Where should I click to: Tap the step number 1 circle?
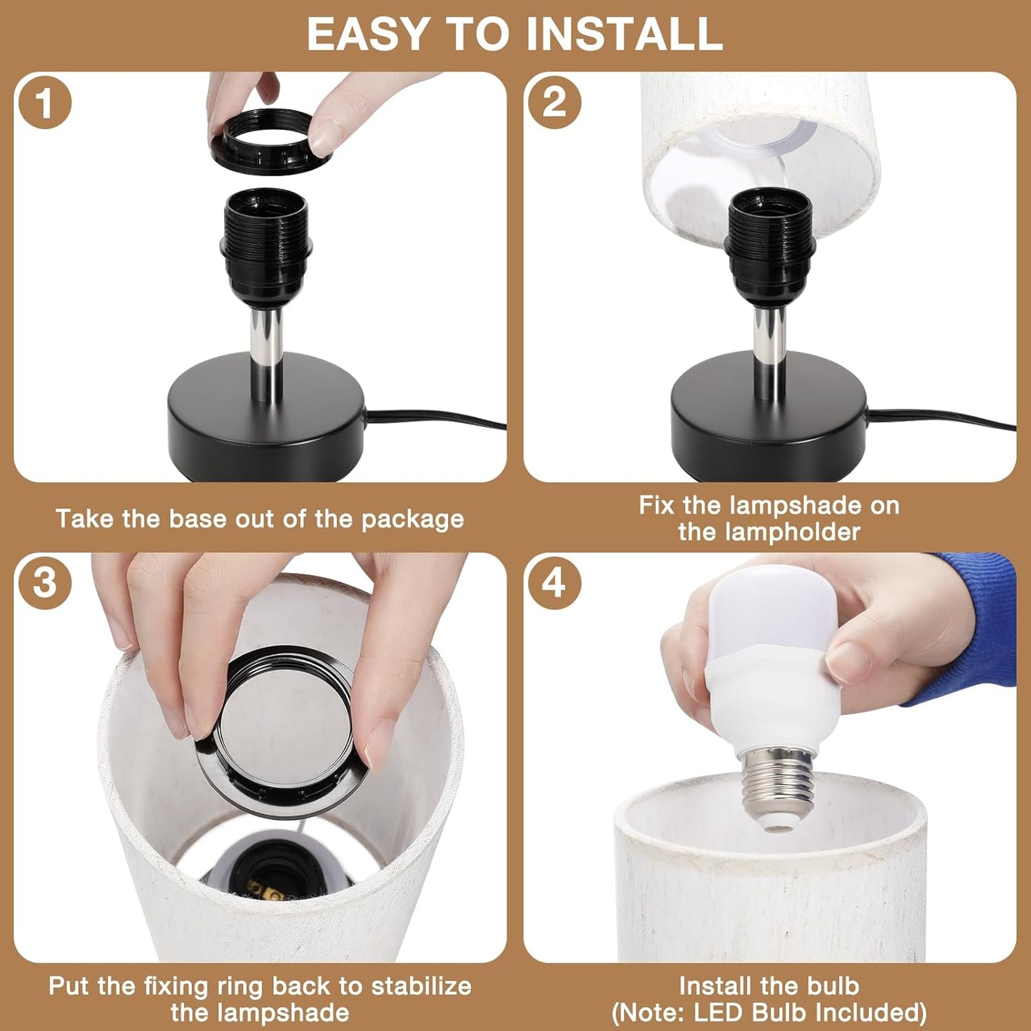(x=44, y=102)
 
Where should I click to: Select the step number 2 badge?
(x=554, y=102)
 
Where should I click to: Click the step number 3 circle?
(x=44, y=582)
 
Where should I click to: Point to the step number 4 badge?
(x=554, y=583)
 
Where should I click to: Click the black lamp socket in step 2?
(x=769, y=243)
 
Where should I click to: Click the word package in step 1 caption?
(x=412, y=519)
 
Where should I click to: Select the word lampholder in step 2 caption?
(x=769, y=532)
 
